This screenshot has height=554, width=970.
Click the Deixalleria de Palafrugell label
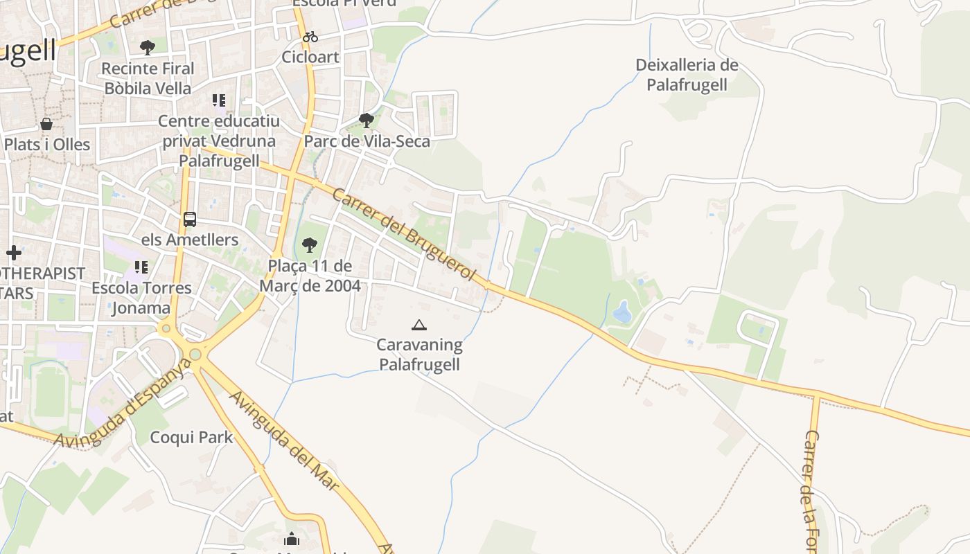click(687, 75)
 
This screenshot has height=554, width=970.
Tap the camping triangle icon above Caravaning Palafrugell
click(418, 325)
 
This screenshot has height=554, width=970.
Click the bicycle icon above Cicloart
click(310, 37)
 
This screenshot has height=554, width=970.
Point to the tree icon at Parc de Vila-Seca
click(367, 120)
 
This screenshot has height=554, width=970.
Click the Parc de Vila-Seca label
click(367, 141)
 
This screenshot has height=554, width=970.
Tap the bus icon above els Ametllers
click(190, 220)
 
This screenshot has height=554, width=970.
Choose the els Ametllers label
click(190, 240)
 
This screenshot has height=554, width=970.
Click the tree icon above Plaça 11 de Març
click(310, 244)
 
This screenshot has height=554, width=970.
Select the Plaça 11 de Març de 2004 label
click(310, 276)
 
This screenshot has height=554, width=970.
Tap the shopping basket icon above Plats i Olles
click(46, 124)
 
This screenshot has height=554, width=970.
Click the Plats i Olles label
click(47, 145)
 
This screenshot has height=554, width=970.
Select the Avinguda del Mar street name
click(285, 441)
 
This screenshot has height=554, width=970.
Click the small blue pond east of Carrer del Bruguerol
click(621, 312)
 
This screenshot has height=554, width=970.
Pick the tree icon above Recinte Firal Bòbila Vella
click(147, 47)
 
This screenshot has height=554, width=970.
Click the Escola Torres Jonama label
click(141, 298)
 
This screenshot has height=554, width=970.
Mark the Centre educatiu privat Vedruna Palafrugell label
click(219, 141)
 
